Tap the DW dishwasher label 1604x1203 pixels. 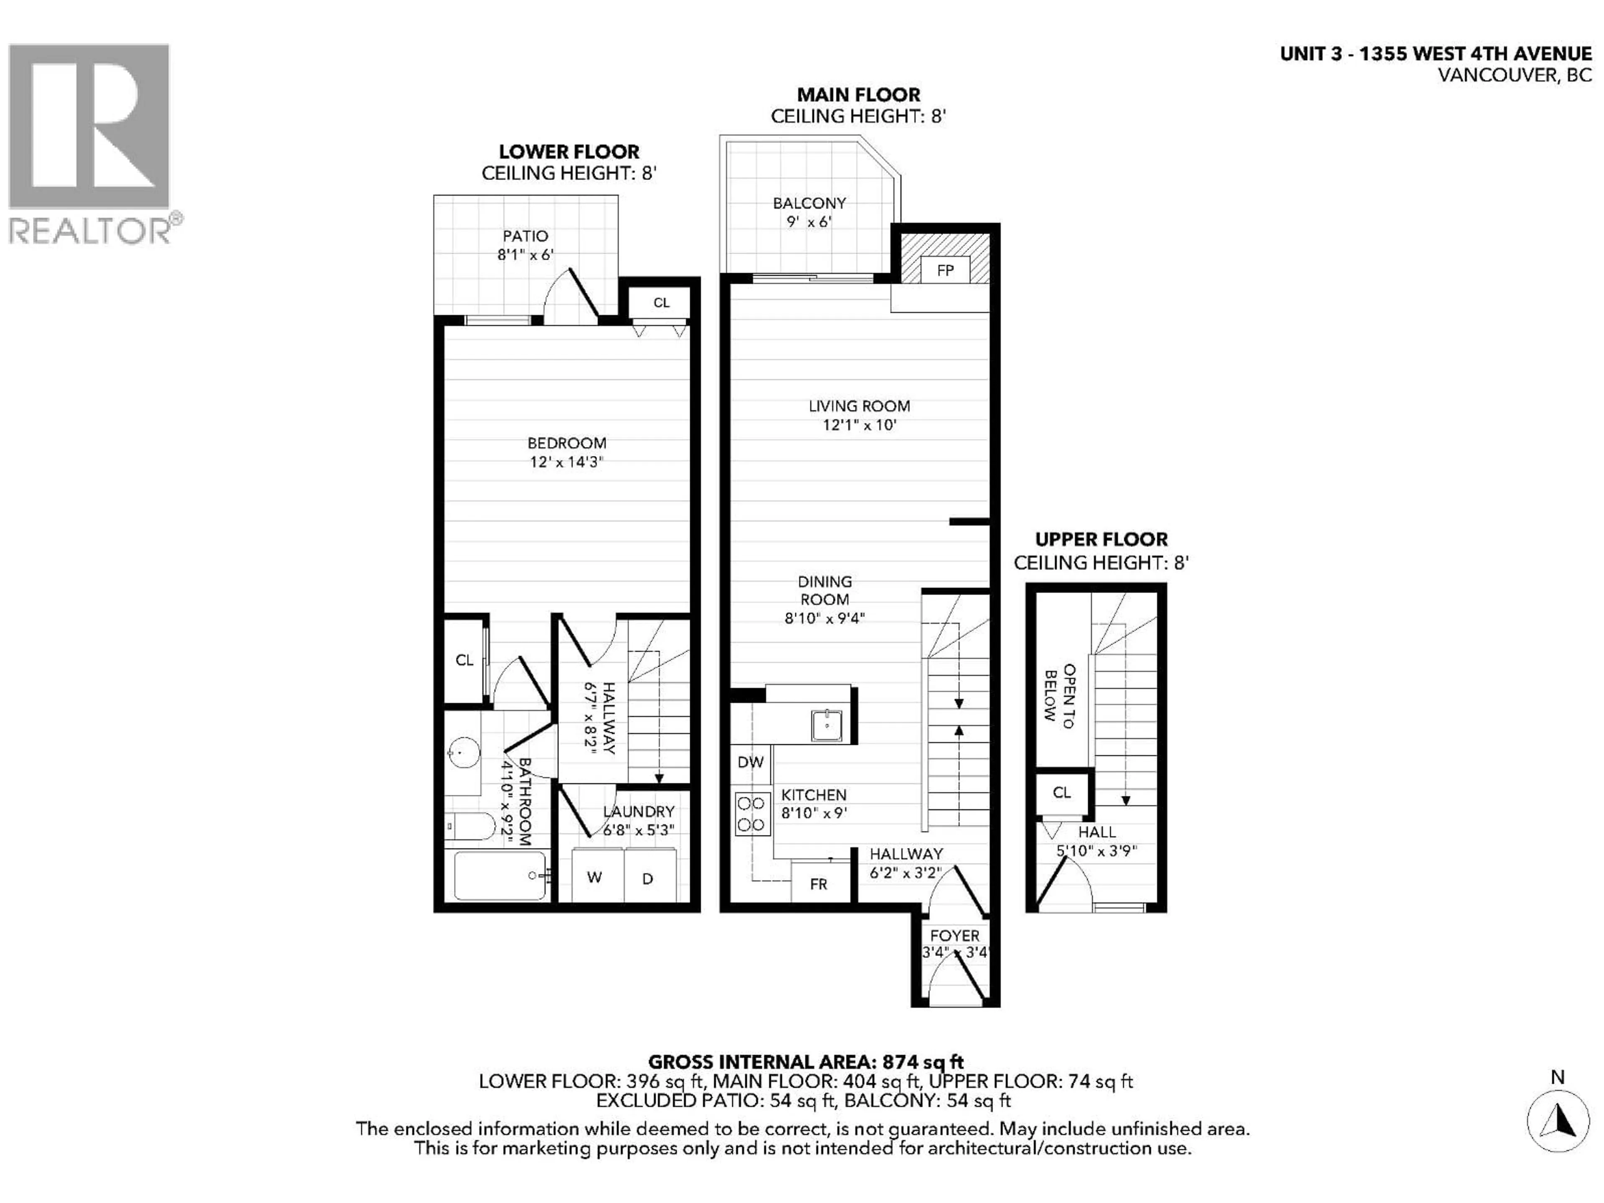click(751, 762)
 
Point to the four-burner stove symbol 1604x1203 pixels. click(752, 814)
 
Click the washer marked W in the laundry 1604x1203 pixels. click(595, 878)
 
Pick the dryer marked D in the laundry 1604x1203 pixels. click(647, 878)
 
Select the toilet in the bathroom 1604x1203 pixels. click(470, 825)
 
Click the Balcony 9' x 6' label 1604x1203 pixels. click(809, 212)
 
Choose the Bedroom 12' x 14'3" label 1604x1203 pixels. click(566, 452)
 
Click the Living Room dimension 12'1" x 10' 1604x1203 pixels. click(859, 425)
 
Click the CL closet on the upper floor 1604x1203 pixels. click(1061, 792)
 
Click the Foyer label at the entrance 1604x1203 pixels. click(954, 935)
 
